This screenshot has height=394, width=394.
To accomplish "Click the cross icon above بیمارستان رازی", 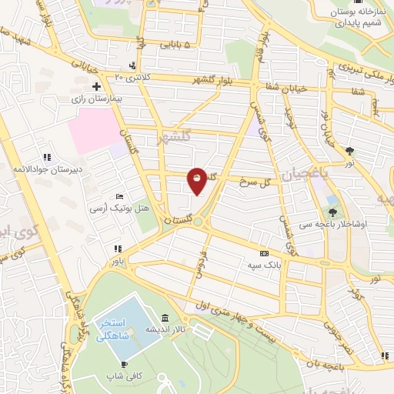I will [x=96, y=86].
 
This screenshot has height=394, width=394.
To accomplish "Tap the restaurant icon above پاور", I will [x=117, y=249].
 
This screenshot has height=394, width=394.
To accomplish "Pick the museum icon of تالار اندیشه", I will [x=165, y=319].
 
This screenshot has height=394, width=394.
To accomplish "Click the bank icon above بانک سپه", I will [x=265, y=253].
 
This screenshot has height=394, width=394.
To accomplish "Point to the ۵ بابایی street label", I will [x=179, y=45].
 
